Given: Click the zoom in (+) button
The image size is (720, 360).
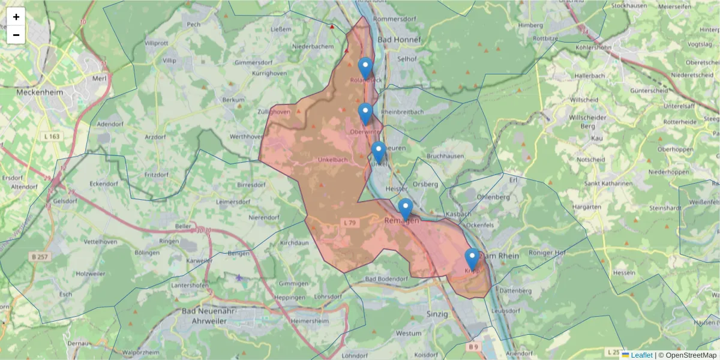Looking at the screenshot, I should click(16, 17).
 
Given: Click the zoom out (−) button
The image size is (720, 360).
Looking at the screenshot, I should click(16, 35).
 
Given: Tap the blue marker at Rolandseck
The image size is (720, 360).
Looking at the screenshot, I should click(365, 68).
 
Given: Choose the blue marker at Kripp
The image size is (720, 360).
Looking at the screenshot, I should click(472, 259).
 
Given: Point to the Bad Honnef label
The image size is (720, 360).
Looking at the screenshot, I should click(399, 40).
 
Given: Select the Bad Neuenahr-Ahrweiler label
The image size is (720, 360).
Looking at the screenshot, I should click(208, 316).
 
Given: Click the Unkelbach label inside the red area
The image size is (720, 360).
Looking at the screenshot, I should click(332, 160).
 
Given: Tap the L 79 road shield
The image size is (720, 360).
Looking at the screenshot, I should click(350, 223).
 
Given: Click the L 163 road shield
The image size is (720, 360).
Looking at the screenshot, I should click(52, 137).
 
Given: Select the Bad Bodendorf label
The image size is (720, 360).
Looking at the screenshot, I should click(386, 279).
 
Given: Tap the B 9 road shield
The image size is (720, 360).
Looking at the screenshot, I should click(473, 347).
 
